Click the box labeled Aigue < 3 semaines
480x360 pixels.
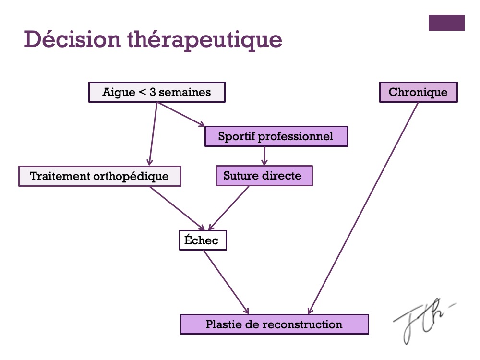pyautogui.click(x=156, y=92)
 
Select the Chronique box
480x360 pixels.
pyautogui.click(x=418, y=92)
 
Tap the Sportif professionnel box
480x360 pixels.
pyautogui.click(x=276, y=136)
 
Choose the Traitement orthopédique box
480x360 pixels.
pyautogui.click(x=99, y=176)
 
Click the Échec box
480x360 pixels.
pyautogui.click(x=202, y=240)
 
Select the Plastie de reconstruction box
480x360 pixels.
pyautogui.click(x=274, y=324)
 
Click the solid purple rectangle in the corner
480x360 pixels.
pyautogui.click(x=446, y=23)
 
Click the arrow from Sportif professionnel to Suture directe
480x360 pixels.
pyautogui.click(x=264, y=156)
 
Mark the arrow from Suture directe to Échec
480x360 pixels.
pyautogui.click(x=229, y=208)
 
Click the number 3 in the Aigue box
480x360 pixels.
pyautogui.click(x=153, y=92)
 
